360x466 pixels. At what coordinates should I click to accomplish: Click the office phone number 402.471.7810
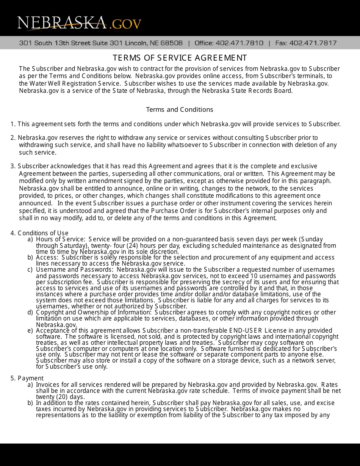[239, 43]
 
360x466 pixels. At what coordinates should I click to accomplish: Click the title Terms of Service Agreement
[180, 58]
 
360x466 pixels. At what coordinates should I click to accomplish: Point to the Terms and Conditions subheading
[180, 109]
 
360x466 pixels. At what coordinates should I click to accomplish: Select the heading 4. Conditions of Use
[39, 233]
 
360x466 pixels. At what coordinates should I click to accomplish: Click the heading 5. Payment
[27, 378]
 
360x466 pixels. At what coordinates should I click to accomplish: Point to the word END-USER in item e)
[246, 330]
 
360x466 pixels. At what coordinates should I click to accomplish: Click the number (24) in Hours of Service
[117, 245]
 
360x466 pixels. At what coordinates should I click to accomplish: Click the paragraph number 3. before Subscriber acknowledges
[13, 166]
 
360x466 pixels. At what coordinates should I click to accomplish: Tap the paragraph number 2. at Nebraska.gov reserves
[13, 138]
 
